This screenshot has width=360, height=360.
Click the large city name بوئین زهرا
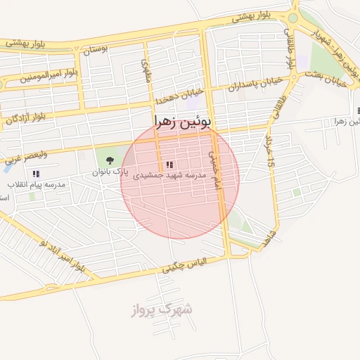coord(181,122)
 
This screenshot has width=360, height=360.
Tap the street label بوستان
coord(98,51)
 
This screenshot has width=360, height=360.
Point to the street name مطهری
coord(147,69)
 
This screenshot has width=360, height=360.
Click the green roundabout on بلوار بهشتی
coord(293,18)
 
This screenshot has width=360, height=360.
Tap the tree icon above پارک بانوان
coord(109,160)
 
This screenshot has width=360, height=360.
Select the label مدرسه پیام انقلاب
coord(37,184)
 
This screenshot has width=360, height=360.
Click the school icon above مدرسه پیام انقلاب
coord(35,173)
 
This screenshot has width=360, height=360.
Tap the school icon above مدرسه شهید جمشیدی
coord(169,164)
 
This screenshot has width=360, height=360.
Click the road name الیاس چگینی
coord(184,266)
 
